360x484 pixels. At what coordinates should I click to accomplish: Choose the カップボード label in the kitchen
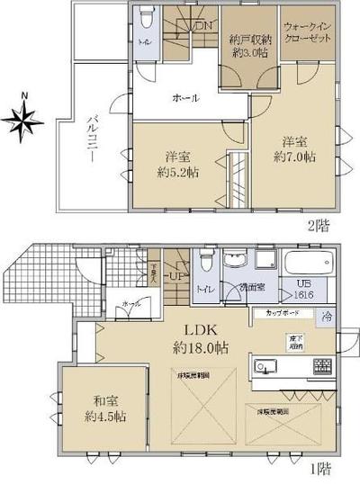point(277,312)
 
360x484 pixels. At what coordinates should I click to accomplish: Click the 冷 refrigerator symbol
point(328,316)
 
